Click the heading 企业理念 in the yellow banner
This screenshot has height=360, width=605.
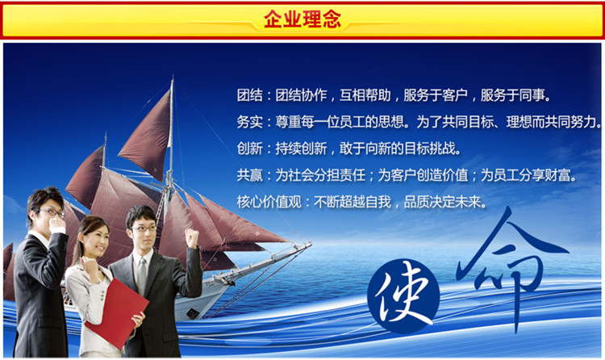302,19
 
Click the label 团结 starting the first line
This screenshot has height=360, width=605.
249,95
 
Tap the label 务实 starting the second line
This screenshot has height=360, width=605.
249,122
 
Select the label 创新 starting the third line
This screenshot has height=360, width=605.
249,149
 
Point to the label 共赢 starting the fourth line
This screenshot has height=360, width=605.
249,175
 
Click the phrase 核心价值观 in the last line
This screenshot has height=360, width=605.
269,202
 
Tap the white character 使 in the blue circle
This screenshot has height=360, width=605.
403,296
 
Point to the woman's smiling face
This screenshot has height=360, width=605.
95,241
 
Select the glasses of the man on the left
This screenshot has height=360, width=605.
52,212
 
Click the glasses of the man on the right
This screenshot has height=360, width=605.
144,228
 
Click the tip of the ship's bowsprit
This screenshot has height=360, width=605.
311,243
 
